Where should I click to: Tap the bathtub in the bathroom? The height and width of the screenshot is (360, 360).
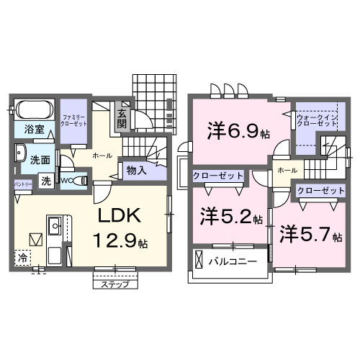(34, 110)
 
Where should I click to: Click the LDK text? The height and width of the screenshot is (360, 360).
(119, 217)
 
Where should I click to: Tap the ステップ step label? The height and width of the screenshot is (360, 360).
(116, 284)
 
